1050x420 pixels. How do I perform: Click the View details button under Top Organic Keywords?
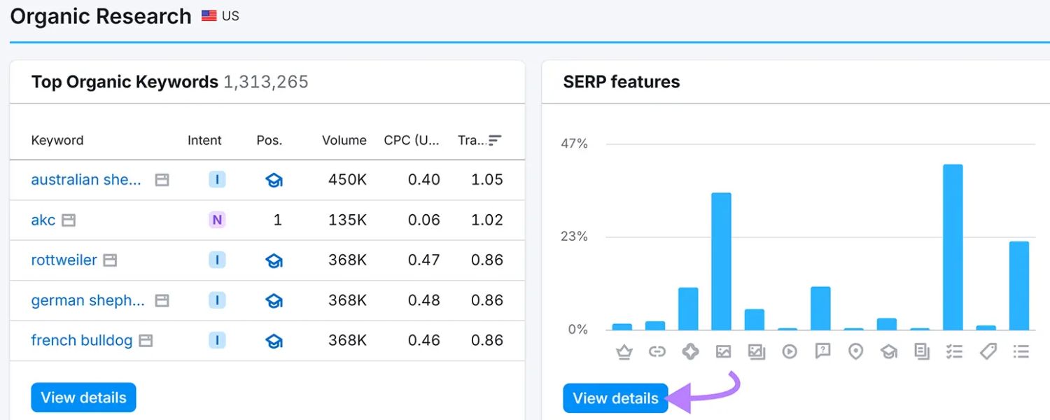83,398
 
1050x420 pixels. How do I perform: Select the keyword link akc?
43,220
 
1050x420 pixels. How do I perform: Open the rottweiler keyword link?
64,260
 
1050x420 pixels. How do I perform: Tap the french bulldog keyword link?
81,340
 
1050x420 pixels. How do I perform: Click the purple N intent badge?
217,220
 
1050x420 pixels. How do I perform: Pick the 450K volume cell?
347,180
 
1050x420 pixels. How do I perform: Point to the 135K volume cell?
347,220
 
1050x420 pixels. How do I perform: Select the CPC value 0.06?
423,220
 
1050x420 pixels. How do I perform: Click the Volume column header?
344,140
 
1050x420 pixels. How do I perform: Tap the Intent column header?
204,140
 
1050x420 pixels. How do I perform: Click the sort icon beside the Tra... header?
495,140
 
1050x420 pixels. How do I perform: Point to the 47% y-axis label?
574,143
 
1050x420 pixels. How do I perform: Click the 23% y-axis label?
574,237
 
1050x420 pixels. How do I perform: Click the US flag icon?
209,15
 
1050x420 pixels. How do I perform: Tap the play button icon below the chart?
790,351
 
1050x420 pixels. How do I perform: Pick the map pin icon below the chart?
855,351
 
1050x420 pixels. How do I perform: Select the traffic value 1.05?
486,180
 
